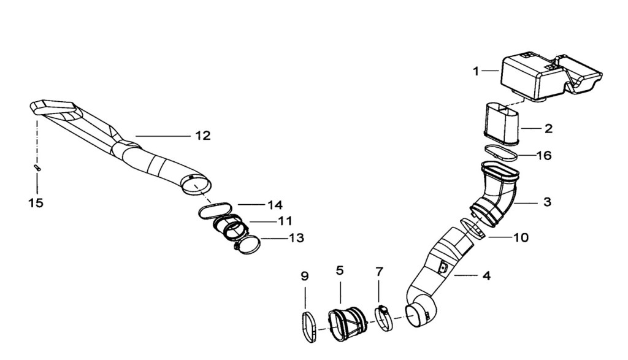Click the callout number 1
(476, 72)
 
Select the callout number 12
(203, 136)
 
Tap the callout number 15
(36, 203)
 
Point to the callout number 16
(545, 155)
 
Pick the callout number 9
(305, 276)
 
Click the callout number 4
(486, 275)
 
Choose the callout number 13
(297, 238)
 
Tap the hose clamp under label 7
(383, 320)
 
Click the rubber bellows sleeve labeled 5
(348, 326)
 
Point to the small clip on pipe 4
(443, 267)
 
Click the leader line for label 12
(163, 136)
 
